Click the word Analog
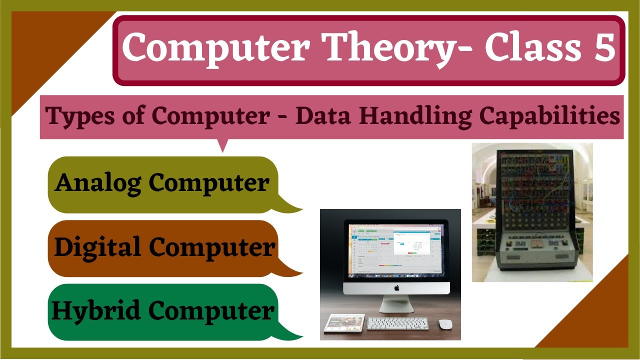tap(98, 183)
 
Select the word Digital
tap(97, 247)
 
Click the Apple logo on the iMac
tap(397, 287)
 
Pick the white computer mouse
tap(445, 323)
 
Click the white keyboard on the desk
tap(397, 323)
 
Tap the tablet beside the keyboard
tap(344, 323)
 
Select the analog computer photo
tap(532, 212)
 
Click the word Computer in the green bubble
tap(211, 310)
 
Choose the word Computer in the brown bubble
tap(212, 247)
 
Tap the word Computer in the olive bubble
tap(209, 183)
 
